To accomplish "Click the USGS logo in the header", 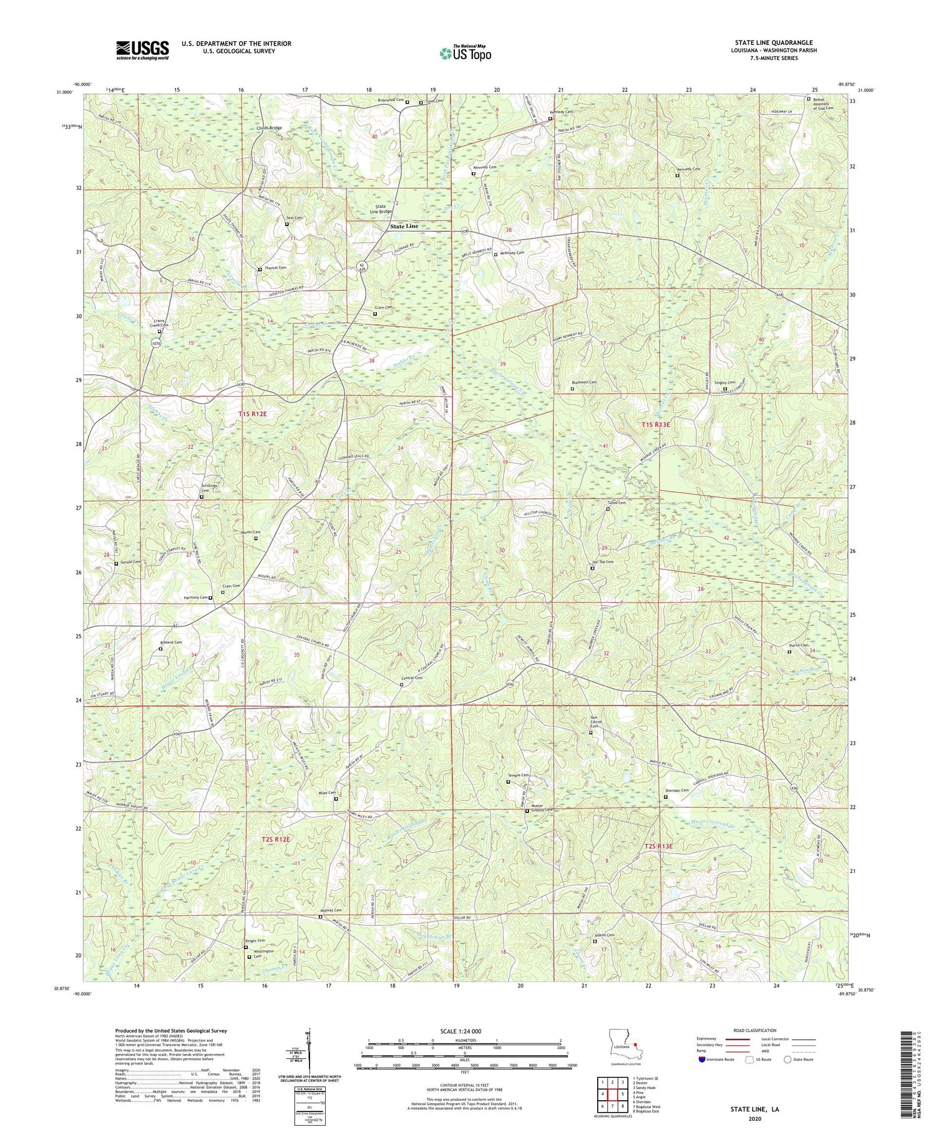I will [142, 50].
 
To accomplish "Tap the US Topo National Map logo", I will [464, 52].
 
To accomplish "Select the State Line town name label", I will [404, 226].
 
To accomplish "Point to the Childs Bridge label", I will [269, 128].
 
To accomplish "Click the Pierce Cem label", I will [797, 646].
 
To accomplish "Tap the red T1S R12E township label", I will [256, 415].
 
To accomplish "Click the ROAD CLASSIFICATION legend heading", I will [749, 1030].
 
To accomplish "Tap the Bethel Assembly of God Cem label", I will [826, 103].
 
